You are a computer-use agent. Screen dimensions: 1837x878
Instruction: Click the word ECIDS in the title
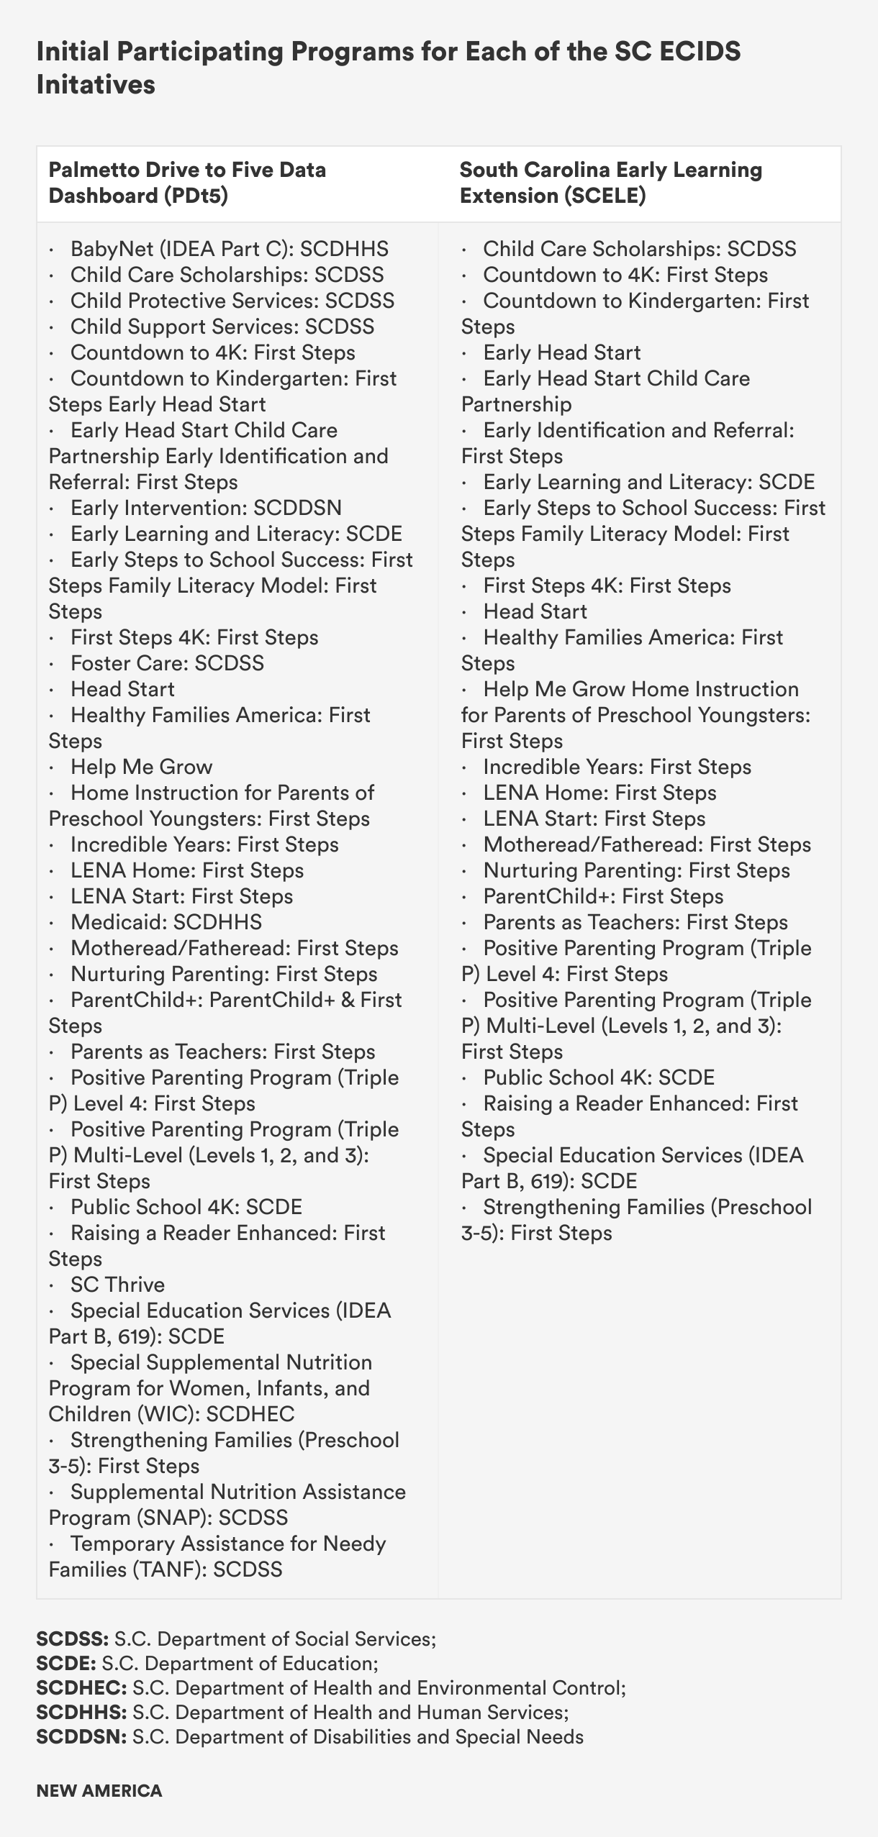[696, 52]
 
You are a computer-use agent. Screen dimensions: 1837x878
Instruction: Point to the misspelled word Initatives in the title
[96, 85]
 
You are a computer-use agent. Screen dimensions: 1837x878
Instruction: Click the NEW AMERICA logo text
[99, 1790]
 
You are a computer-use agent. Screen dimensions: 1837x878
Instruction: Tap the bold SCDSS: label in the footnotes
[72, 1639]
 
